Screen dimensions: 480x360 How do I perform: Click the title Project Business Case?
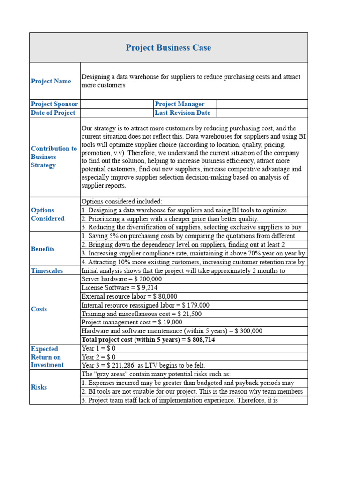coord(168,48)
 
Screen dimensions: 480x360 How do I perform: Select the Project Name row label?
coord(51,81)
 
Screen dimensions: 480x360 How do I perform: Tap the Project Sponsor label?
coord(54,104)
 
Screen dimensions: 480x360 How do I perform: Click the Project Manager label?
coord(180,104)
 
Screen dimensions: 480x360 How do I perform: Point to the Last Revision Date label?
coord(182,112)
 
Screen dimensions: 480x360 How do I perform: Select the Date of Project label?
coord(53,112)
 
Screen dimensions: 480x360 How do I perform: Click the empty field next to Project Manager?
coord(262,104)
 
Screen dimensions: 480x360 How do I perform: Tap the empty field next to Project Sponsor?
coord(117,104)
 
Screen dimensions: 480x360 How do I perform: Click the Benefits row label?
coord(43,249)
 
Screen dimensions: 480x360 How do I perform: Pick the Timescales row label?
coord(47,271)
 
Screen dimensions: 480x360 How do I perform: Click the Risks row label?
coord(39,387)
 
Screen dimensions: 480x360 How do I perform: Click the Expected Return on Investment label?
coord(47,357)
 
